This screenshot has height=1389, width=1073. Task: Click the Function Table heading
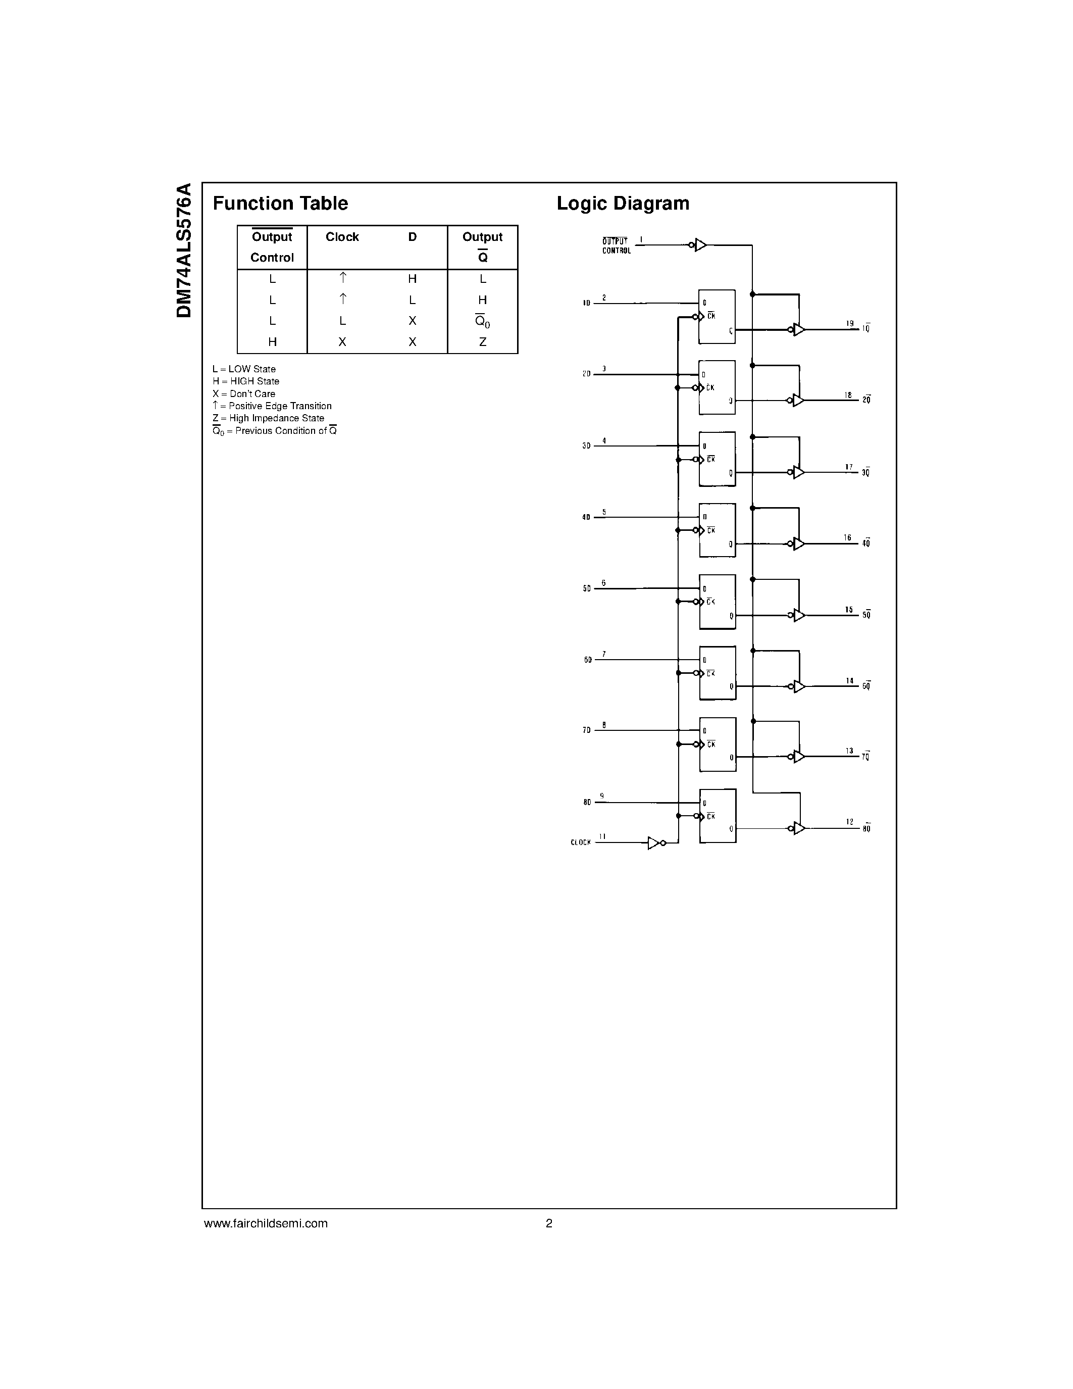280,204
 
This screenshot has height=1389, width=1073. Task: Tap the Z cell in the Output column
482,342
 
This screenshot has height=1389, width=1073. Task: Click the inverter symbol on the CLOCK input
655,842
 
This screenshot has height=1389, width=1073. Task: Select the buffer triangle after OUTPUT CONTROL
700,245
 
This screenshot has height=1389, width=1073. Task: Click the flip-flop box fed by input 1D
717,317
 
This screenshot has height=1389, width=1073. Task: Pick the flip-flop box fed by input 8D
718,816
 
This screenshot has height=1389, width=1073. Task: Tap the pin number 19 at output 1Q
850,324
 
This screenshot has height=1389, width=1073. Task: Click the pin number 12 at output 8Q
850,822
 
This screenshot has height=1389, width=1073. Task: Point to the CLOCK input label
580,842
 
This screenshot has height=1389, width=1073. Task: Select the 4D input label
586,518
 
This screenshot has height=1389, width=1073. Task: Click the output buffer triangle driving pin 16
798,544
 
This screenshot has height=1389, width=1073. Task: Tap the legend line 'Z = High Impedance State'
268,419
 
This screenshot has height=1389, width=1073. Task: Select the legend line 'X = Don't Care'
244,393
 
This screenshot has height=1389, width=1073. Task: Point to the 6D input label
587,660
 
